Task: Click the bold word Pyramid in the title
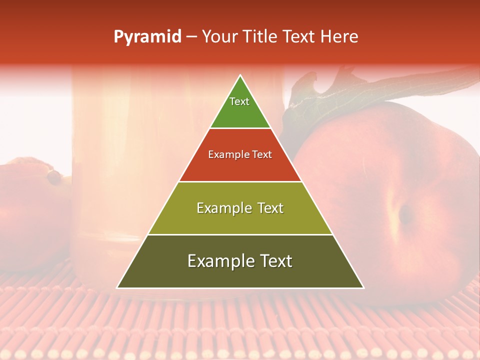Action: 147,37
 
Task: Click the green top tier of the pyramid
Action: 240,112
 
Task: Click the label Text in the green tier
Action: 239,101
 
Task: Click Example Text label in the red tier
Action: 240,154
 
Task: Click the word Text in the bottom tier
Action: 275,261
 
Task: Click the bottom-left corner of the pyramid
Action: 117,287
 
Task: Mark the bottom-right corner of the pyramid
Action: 363,287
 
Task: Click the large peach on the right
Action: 400,210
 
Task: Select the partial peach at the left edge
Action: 25,210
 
